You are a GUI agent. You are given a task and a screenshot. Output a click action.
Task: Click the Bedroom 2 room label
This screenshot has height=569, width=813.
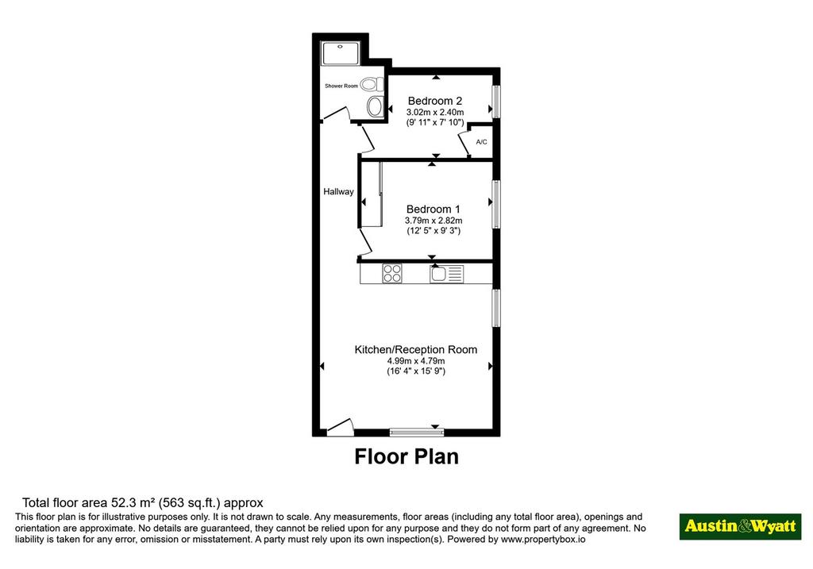coord(434,101)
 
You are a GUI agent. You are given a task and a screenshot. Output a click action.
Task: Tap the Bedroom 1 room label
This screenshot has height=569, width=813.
coord(433,210)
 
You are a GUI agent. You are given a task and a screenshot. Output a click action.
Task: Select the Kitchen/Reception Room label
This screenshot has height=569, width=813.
coord(416,350)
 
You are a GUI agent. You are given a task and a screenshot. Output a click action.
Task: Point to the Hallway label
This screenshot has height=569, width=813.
coord(338,192)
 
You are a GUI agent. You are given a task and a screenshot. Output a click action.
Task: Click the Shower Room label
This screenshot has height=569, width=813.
coord(341,86)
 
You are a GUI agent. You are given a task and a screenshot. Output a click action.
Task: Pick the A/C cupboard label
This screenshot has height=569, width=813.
coord(482,142)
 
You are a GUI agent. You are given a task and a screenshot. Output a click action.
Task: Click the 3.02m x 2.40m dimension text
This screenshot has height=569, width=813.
coord(435,113)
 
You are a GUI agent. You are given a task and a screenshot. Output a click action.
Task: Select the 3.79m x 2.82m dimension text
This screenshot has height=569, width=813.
coord(433,221)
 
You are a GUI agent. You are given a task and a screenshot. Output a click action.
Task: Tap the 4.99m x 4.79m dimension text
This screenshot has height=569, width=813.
coord(416,361)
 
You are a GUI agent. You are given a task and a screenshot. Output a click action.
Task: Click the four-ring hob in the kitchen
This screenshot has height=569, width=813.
coord(392,274)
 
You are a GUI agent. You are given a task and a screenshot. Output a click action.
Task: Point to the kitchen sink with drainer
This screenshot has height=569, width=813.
coord(446,274)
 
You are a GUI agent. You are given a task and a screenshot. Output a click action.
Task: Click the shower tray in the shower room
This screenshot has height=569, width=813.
coord(340,54)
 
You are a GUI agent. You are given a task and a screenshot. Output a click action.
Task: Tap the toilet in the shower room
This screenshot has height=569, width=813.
coord(372,84)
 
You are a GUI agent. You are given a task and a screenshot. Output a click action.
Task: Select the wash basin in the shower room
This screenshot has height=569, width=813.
coord(375,107)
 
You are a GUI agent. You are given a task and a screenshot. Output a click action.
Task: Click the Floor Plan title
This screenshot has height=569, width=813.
coord(406,456)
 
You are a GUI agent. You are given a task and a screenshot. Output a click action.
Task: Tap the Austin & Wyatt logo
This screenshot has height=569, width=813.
coord(741,526)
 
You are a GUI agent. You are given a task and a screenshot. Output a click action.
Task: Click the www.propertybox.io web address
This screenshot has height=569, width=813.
coord(543,540)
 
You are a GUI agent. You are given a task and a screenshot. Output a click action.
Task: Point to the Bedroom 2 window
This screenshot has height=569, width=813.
coord(496,102)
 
